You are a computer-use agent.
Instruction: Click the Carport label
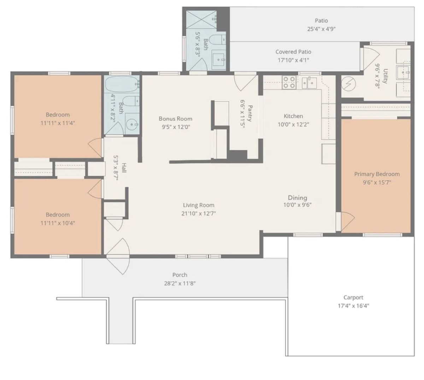coord(353,297)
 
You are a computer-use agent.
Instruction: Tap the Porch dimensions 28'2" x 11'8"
coord(180,283)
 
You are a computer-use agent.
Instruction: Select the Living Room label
coord(199,205)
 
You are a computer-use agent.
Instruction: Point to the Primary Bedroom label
coord(377,174)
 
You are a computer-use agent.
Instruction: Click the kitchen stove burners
coord(289,82)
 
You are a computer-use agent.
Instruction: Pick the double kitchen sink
coord(309,82)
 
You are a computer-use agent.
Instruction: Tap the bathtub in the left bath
coord(122,84)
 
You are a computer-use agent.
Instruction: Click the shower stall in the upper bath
coord(201,19)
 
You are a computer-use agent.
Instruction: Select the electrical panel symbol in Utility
coord(348,84)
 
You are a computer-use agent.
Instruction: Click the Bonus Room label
coord(175,119)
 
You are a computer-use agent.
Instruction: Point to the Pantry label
coord(250,113)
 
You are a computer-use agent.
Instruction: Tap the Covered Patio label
coord(293,52)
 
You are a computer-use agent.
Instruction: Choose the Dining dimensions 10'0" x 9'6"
coord(298,205)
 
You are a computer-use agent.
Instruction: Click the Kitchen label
coord(293,116)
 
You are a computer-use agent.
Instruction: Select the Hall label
coord(124,168)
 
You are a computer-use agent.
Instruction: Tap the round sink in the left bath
coord(132,125)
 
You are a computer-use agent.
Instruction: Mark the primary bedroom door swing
coord(348,221)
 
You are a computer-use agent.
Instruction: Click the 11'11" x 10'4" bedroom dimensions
coord(58,223)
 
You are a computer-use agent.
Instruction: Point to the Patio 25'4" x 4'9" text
coord(321,25)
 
